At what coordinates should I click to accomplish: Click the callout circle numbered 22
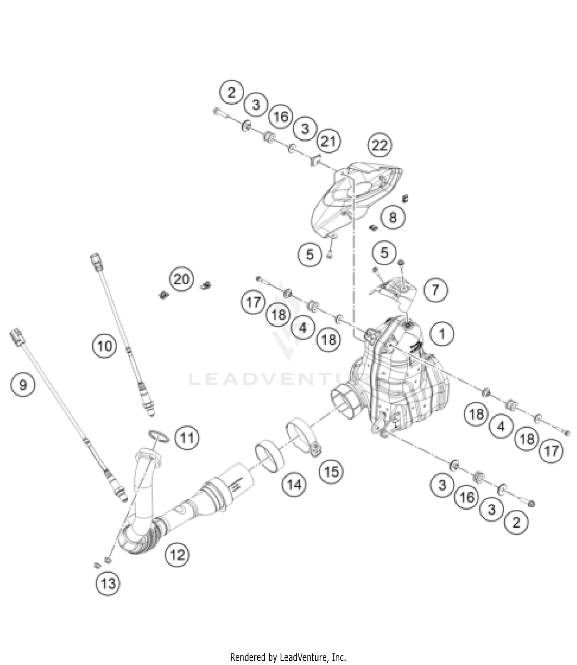379,145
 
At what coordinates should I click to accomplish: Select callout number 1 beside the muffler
442,334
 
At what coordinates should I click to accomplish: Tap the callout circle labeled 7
435,290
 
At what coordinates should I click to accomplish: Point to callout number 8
392,217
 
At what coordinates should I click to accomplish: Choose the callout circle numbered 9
23,384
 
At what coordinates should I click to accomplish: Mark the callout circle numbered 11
187,438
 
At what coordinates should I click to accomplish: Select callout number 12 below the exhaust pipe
177,555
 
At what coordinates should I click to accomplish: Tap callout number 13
108,583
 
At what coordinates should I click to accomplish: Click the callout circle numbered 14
294,485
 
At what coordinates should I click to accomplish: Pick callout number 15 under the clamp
332,471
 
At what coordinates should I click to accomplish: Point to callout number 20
181,279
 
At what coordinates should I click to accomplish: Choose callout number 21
328,142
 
